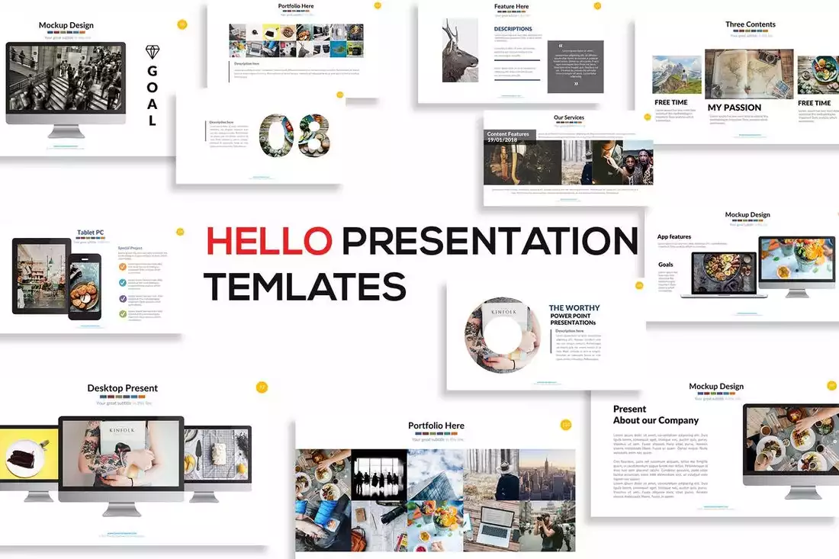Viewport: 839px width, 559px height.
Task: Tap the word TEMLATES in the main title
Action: (304, 286)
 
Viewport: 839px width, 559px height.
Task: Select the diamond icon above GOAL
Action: (153, 52)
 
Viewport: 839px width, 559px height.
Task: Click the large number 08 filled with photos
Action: (295, 136)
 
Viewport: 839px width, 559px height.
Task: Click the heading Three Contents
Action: (750, 24)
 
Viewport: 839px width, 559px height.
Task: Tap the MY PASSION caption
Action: (734, 108)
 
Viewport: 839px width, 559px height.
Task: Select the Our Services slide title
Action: (569, 117)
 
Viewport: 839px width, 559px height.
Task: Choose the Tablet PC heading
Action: (90, 233)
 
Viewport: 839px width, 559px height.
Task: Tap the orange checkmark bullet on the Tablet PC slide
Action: (123, 267)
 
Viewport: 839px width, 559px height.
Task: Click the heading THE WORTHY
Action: (574, 308)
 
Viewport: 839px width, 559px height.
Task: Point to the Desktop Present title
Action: (122, 388)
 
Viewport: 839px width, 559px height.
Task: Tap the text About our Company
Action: (655, 420)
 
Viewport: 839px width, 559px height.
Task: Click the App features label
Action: (674, 237)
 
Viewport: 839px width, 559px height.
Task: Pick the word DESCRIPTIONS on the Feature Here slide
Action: (513, 29)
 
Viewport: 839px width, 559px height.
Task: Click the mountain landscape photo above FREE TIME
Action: (677, 75)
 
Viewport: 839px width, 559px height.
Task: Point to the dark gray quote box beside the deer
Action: (576, 67)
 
